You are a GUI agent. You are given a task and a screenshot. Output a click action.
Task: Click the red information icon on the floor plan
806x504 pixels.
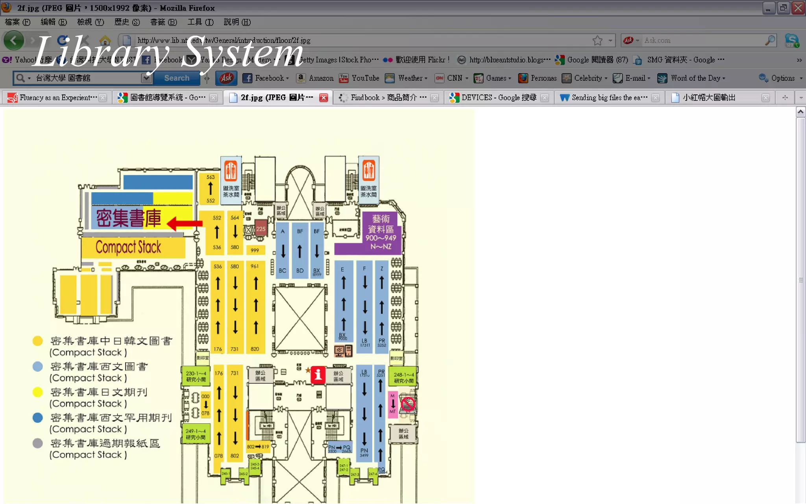coord(318,374)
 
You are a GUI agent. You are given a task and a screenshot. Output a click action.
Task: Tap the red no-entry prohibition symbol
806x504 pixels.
coord(408,404)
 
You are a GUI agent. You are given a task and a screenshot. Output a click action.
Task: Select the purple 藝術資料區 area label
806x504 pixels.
coord(380,233)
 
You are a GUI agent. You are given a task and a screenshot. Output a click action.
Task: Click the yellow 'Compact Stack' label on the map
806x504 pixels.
coord(129,247)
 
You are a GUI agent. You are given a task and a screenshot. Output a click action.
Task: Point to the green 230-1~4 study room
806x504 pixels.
coord(196,376)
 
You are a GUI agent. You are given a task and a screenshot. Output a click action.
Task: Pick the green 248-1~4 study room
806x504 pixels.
coord(403,377)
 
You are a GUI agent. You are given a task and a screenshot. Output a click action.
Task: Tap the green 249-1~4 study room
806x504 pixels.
coord(196,434)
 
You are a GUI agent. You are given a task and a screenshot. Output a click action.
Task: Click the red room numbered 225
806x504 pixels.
coord(261,228)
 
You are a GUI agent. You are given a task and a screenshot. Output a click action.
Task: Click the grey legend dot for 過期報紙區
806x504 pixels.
coord(38,443)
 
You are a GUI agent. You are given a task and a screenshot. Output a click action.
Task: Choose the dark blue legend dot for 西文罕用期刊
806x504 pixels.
coord(38,418)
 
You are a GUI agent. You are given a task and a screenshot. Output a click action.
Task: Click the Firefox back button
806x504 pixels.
coord(14,40)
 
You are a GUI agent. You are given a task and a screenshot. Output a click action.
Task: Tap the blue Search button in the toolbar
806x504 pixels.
coord(177,78)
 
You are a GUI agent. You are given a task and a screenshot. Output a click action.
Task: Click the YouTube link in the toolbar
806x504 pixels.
coord(360,78)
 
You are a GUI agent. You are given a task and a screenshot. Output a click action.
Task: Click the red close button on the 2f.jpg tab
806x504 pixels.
coord(324,98)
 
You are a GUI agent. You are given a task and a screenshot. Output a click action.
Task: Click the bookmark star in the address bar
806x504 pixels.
coord(597,40)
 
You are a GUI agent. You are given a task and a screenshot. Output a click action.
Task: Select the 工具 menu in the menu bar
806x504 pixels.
coord(200,22)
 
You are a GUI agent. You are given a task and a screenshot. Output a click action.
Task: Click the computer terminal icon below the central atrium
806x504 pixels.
coord(343,350)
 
